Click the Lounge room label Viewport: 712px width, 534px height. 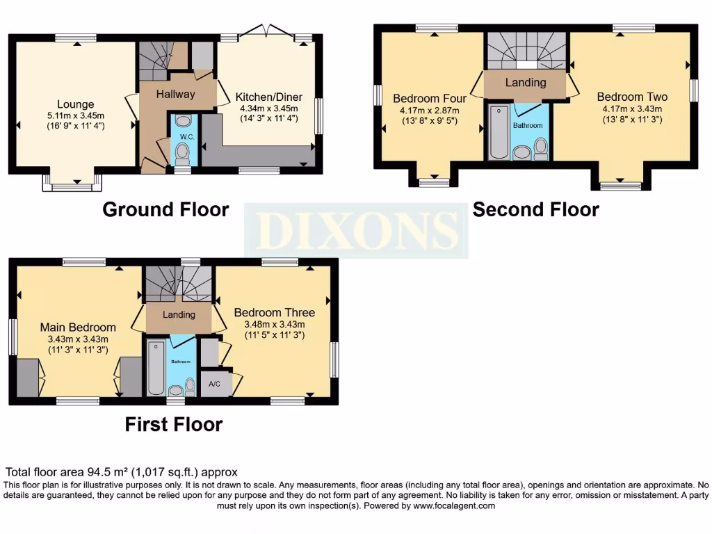point(76,104)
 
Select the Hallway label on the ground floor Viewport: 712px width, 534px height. point(175,94)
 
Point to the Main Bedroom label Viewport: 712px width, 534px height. point(78,327)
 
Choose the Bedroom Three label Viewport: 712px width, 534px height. point(274,312)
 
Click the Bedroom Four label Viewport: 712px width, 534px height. point(430,98)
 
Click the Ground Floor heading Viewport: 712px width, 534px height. point(165,209)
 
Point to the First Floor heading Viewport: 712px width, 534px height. point(174,424)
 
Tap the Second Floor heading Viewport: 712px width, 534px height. point(535,209)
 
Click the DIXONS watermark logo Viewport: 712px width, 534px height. point(356,231)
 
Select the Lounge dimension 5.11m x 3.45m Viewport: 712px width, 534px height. point(76,115)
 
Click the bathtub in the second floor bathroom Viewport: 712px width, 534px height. point(498,132)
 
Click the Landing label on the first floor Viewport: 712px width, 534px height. point(179,314)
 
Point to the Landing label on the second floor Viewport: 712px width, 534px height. point(525,82)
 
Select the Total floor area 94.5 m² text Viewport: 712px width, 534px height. point(122,471)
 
